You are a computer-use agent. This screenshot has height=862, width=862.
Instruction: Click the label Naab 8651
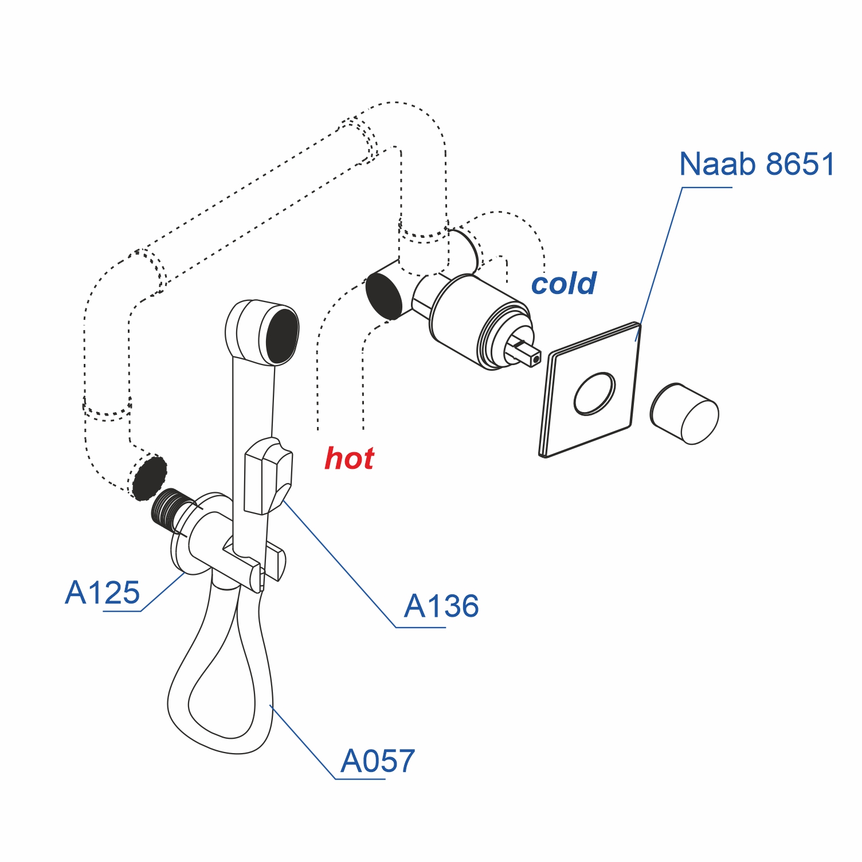coord(757,164)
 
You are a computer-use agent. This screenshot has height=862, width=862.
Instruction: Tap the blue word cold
coord(563,284)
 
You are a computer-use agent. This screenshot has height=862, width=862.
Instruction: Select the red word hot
coord(349,459)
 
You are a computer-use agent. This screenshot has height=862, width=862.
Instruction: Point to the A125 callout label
coord(103,593)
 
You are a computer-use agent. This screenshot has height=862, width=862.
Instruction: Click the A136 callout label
coord(441,606)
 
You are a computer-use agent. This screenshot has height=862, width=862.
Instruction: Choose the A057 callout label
coord(377,761)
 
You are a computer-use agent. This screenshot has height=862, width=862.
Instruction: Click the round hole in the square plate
coord(595,393)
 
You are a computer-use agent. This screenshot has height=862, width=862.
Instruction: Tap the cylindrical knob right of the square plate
coord(685,414)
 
